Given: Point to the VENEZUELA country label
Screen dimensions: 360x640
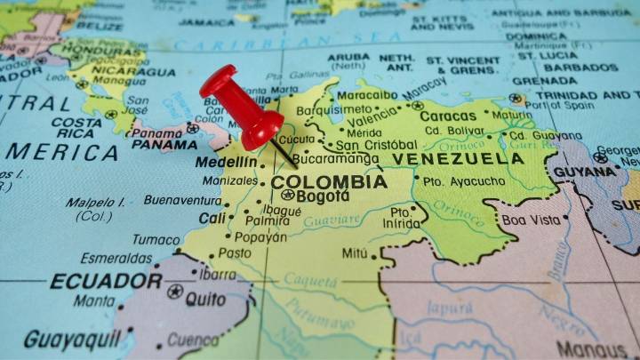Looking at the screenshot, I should (458, 159).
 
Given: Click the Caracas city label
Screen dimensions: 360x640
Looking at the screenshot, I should (448, 116).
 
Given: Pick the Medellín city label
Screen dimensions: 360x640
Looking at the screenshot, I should (228, 162).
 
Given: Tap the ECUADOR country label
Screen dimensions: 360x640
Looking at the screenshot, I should (106, 282).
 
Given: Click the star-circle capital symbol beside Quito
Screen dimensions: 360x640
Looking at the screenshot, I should (175, 292).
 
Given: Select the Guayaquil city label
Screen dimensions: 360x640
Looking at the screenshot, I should (72, 339).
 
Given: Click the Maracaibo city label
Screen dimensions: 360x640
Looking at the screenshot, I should (367, 94).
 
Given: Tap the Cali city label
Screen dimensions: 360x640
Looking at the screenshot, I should (212, 218).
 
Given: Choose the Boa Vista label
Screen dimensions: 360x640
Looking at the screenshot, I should (532, 220).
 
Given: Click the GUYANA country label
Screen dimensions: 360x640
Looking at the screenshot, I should (584, 172).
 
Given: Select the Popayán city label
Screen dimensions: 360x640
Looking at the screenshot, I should (260, 237).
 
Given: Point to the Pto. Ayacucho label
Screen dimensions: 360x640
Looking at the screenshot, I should (458, 182).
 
